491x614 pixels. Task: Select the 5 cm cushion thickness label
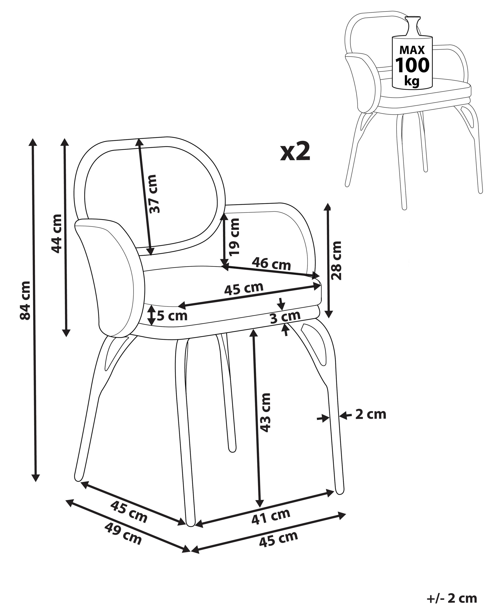tap(172, 316)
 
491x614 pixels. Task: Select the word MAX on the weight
tap(412, 50)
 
